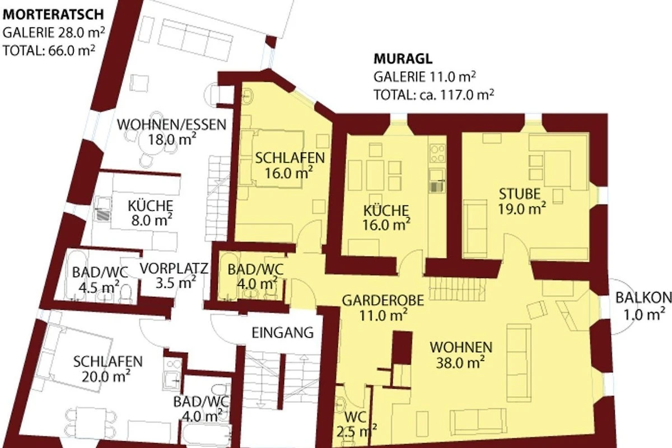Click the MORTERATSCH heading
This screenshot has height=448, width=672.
[53, 15]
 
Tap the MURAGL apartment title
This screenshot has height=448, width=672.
[403, 59]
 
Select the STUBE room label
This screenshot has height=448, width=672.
[519, 194]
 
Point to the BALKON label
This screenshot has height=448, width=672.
[643, 298]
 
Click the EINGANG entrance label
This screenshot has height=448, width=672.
[282, 333]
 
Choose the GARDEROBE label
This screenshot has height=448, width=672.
[383, 300]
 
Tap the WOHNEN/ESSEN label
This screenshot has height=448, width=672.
[171, 124]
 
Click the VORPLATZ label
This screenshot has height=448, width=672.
[174, 268]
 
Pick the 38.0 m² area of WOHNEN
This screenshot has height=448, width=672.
[460, 362]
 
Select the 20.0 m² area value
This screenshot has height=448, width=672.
[106, 376]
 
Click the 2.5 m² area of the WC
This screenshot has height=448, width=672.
[357, 432]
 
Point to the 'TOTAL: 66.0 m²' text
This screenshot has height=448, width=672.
[49, 50]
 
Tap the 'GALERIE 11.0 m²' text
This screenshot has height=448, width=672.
[424, 77]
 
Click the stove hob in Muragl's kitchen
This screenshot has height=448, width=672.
[437, 153]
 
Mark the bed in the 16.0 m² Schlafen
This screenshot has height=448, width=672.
[276, 159]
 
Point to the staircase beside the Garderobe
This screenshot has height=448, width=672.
[457, 288]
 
